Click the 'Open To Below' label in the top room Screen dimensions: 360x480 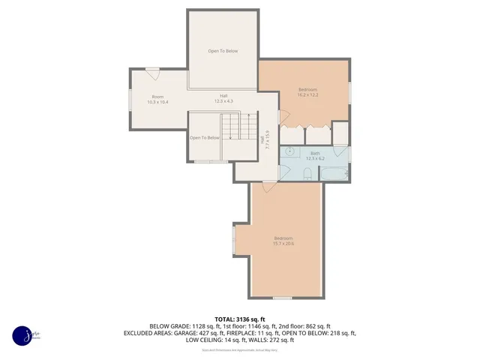[x=223, y=51]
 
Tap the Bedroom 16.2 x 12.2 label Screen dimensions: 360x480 [x=307, y=92]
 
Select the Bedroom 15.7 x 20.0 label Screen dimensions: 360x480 [x=283, y=241]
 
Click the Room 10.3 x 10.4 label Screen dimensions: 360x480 [x=158, y=99]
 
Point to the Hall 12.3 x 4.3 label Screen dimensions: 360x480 [x=223, y=98]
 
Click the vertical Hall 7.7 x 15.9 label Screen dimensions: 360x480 [x=264, y=139]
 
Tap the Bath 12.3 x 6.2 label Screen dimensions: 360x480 [x=315, y=156]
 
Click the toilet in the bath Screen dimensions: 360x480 [x=308, y=175]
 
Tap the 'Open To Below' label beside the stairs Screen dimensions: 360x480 [x=204, y=138]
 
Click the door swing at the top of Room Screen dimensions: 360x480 [x=153, y=73]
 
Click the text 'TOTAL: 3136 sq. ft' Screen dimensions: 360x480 [x=240, y=319]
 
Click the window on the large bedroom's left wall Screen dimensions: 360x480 [x=234, y=241]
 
